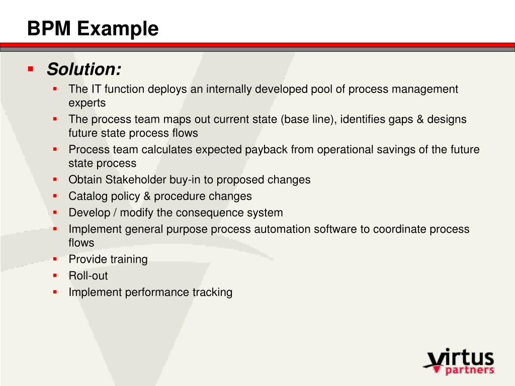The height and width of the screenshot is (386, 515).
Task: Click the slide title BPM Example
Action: (93, 29)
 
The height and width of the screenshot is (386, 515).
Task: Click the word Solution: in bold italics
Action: (84, 69)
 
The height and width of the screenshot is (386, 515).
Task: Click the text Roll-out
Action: (88, 276)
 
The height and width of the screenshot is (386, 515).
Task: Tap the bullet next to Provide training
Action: (55, 259)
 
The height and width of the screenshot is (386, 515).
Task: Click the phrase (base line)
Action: (308, 120)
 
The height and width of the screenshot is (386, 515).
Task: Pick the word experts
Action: (87, 103)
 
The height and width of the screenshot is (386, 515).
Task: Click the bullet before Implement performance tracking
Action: (55, 292)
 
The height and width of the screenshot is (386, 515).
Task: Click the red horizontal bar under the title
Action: (257, 45)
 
